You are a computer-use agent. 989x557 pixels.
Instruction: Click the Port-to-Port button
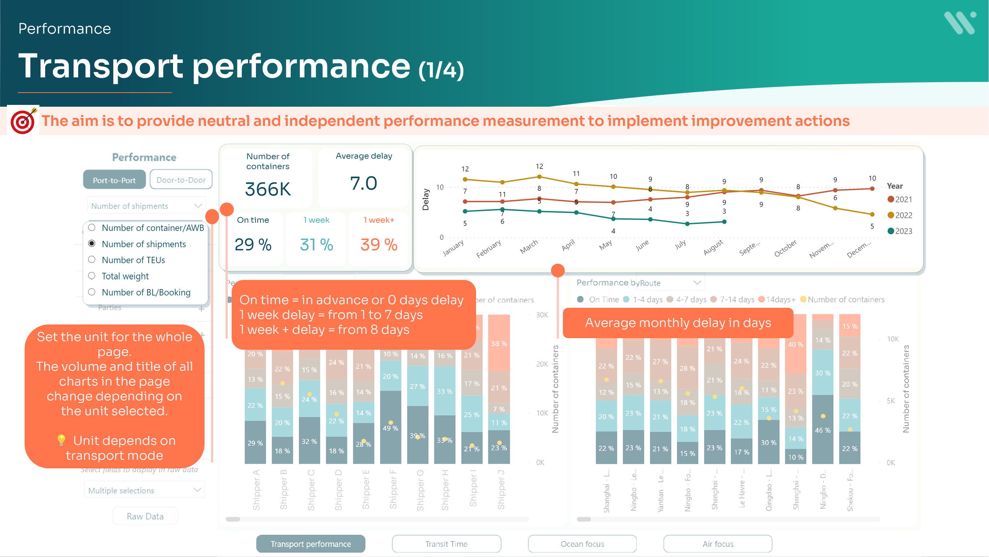(114, 180)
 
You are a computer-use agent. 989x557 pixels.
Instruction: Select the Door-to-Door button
(181, 179)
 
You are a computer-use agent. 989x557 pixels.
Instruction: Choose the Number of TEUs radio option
(92, 260)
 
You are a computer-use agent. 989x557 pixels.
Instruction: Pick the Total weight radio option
(92, 276)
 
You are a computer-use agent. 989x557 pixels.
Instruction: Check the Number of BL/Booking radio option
(92, 292)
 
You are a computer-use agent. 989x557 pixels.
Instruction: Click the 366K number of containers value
(268, 189)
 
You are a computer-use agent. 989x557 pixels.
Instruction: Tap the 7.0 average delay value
(363, 183)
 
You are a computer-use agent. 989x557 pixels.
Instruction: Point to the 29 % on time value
(253, 245)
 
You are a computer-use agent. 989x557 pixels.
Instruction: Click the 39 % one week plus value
(379, 245)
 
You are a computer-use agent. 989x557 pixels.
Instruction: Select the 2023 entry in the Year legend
(900, 231)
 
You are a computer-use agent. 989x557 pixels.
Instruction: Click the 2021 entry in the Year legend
(900, 200)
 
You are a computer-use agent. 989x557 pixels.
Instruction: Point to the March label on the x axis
(529, 247)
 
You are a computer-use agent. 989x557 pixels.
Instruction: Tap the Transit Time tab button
(446, 544)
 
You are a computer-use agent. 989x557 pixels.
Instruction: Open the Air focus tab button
(717, 544)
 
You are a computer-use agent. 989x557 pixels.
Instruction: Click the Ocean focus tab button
(582, 544)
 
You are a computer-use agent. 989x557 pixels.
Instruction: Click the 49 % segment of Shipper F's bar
(391, 428)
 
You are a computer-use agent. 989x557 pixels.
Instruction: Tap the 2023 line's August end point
(724, 222)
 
